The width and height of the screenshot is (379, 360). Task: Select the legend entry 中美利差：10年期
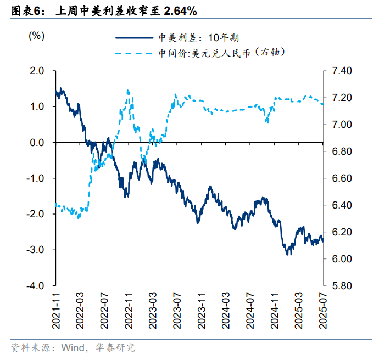click(x=198, y=38)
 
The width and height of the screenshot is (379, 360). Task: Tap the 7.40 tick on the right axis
click(x=341, y=71)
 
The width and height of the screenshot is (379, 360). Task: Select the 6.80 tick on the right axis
click(x=341, y=151)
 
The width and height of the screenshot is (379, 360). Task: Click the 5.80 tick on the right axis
click(x=341, y=286)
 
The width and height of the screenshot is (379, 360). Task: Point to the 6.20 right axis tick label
click(x=341, y=232)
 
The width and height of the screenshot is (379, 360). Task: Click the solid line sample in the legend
click(x=134, y=38)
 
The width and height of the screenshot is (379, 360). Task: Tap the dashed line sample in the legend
click(x=134, y=53)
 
